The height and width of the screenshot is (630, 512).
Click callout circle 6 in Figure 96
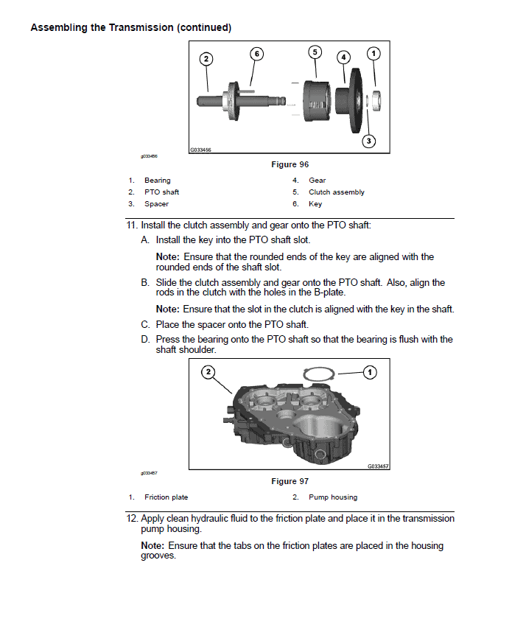pos(256,53)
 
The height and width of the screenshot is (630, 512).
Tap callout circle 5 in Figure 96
pos(315,52)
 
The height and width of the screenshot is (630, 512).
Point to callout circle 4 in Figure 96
pos(343,57)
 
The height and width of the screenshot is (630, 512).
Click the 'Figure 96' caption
pos(290,164)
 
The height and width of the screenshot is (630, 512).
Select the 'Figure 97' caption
pos(290,481)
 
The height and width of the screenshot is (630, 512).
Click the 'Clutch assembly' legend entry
pos(336,192)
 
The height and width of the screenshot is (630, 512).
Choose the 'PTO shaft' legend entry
pos(161,192)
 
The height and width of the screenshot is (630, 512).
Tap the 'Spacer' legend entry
pos(156,204)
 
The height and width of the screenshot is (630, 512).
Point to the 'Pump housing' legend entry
pos(332,497)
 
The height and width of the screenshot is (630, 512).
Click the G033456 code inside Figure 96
pos(200,150)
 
